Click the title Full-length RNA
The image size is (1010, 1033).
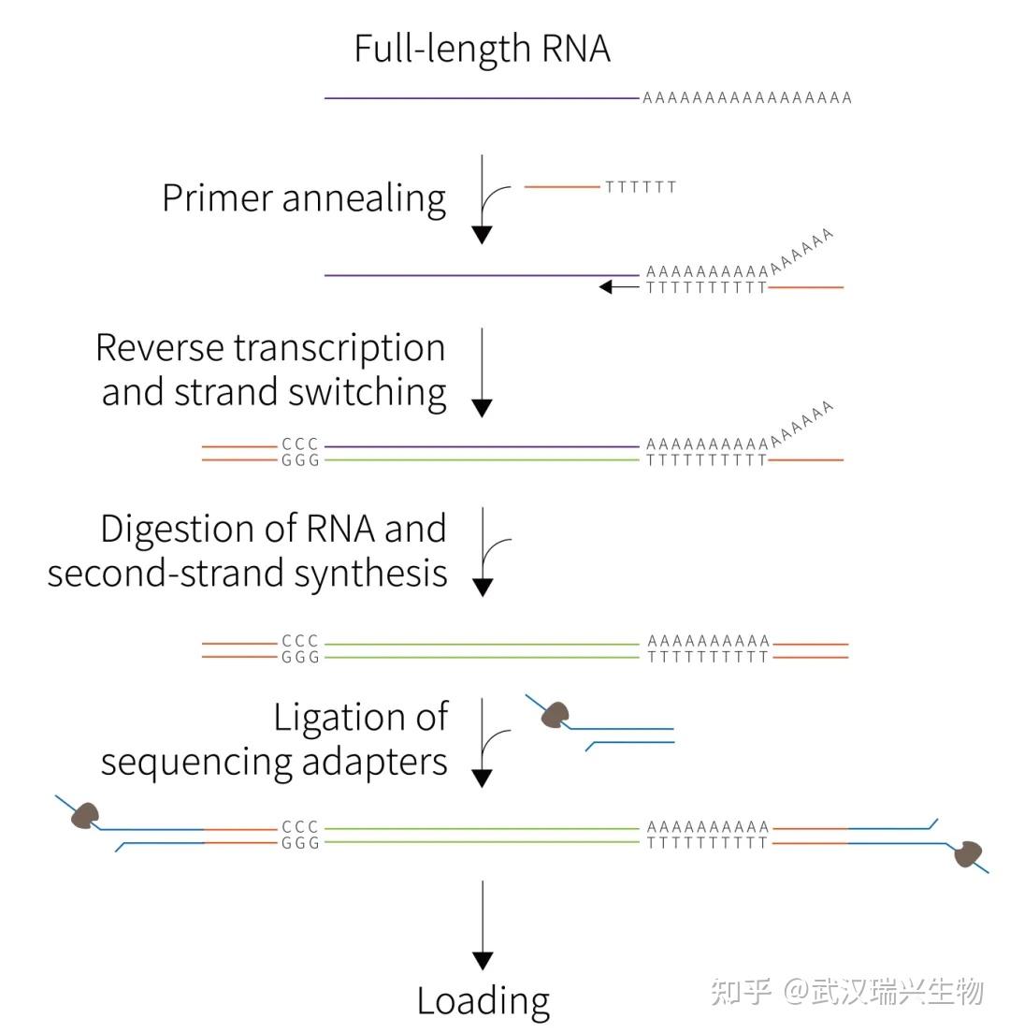click(x=482, y=49)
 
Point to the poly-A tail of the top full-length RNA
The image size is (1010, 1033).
click(x=746, y=97)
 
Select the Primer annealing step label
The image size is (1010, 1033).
click(x=304, y=198)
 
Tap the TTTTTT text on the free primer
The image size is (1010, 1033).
click(x=641, y=187)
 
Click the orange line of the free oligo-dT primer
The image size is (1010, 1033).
click(x=562, y=187)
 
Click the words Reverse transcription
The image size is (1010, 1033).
click(x=270, y=347)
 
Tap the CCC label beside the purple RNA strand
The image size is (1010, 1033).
click(x=300, y=445)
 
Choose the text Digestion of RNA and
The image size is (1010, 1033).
click(x=273, y=529)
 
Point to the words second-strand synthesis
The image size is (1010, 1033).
click(x=248, y=573)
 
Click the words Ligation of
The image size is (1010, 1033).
click(x=361, y=718)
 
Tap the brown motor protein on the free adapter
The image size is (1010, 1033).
click(x=555, y=716)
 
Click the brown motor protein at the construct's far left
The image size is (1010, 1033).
click(x=86, y=816)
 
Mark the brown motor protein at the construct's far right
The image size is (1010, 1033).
click(x=968, y=853)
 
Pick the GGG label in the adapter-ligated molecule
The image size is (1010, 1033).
click(x=300, y=843)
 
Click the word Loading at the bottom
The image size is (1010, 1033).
click(x=483, y=1000)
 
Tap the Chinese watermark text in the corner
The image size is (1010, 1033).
click(x=846, y=991)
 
